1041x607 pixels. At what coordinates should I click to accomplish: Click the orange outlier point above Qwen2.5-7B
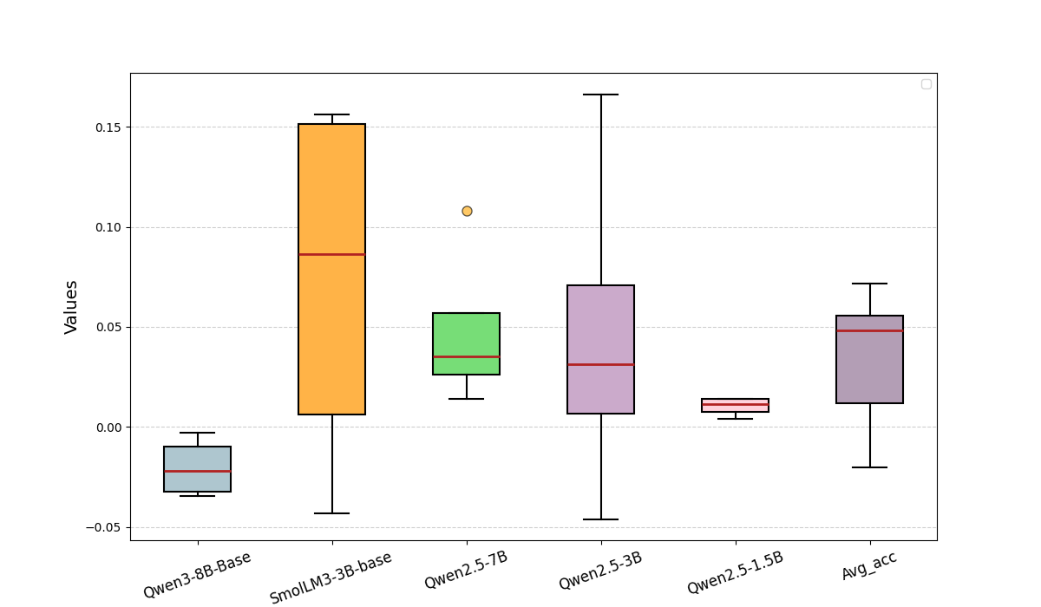(467, 211)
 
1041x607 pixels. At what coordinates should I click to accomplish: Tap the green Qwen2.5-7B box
(467, 334)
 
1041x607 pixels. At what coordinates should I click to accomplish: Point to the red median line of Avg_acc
(869, 330)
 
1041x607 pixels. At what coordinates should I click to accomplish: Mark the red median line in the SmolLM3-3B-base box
(331, 254)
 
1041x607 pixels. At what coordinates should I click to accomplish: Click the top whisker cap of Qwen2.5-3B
(600, 95)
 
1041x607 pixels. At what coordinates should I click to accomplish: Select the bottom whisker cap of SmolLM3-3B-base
(331, 513)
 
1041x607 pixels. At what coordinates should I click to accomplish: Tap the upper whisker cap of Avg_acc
(869, 284)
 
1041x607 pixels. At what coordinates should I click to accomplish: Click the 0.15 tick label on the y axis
(108, 127)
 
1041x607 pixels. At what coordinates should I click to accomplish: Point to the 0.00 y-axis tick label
(108, 428)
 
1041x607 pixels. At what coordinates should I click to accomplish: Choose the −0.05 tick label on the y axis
(104, 527)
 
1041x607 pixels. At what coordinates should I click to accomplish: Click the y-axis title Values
(71, 307)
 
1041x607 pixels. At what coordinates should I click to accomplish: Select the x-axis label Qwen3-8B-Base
(198, 574)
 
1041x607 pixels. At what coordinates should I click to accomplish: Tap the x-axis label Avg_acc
(868, 565)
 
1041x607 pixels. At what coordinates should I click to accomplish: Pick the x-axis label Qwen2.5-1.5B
(735, 572)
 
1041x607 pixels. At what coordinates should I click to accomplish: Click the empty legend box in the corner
(926, 84)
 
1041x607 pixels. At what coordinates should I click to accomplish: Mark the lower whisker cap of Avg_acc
(869, 467)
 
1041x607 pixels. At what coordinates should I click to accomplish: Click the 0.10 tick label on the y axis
(108, 227)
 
